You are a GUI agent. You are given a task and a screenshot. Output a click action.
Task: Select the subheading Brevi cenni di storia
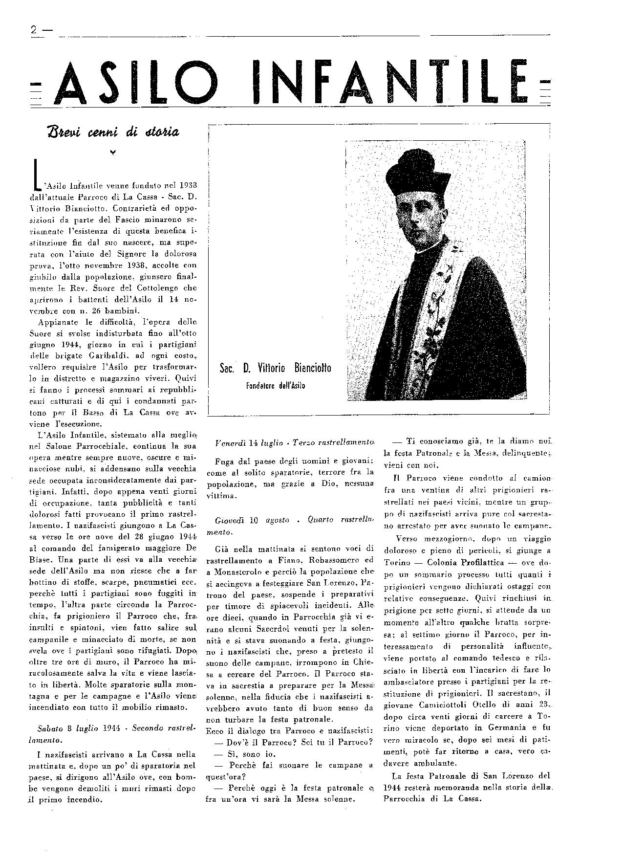(x=113, y=132)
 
